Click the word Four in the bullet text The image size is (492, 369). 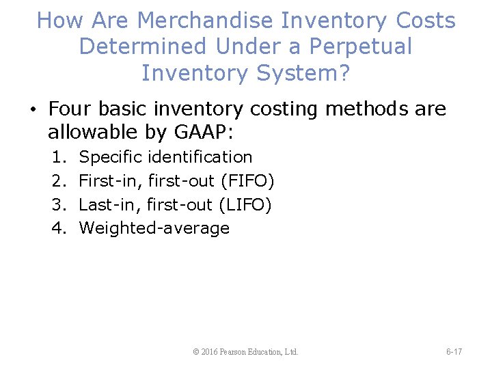tap(70, 109)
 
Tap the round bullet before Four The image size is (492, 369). tap(32, 110)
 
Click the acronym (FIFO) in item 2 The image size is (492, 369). tap(247, 181)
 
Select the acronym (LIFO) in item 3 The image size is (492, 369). tap(245, 204)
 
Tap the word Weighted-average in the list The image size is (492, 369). tap(154, 228)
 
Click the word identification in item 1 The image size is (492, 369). tap(200, 157)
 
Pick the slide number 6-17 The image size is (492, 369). tap(454, 352)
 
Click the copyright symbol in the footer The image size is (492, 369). tap(196, 352)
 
